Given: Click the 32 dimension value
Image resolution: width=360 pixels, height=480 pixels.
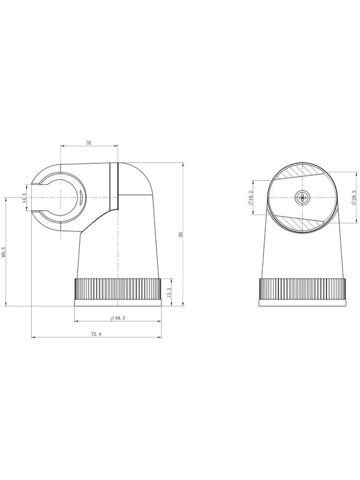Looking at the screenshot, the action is tap(89, 143).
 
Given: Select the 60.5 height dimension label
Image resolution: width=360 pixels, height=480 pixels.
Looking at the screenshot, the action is tap(4, 251).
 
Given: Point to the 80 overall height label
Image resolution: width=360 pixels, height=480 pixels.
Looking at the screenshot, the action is tap(181, 235).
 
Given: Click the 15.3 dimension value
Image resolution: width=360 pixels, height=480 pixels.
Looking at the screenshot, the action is tap(169, 293).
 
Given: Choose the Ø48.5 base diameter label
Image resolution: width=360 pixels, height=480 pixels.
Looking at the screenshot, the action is tap(118, 318).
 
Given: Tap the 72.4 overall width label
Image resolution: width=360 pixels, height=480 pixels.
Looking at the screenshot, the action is tap(96, 334).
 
